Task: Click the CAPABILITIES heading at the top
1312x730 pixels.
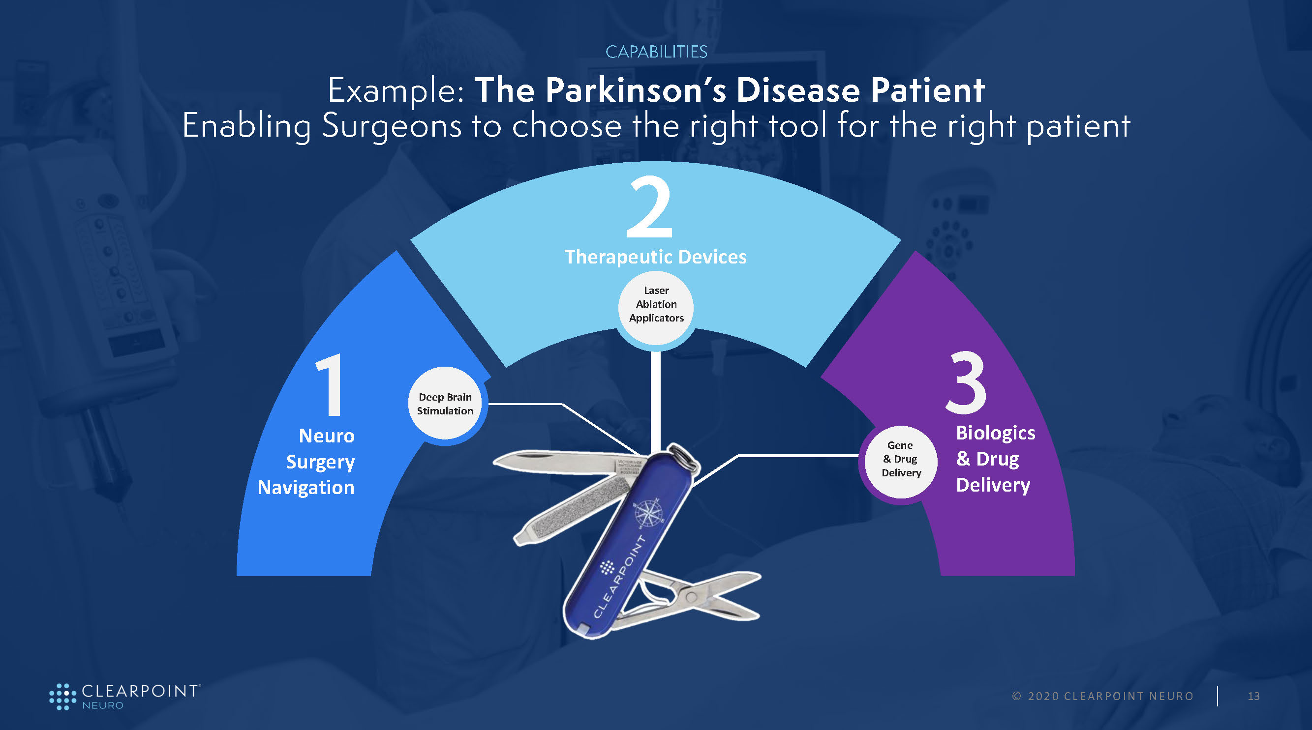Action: click(x=656, y=52)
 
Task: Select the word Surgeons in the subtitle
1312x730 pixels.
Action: click(x=392, y=126)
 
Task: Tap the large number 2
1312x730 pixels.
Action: click(x=650, y=206)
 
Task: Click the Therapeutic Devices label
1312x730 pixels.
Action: click(x=655, y=257)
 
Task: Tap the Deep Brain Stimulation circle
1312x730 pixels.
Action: click(x=445, y=404)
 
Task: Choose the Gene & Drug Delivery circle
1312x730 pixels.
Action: click(x=901, y=459)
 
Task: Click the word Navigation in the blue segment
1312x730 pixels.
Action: click(x=306, y=488)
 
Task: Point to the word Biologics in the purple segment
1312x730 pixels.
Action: click(x=996, y=433)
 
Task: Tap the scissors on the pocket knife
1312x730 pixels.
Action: click(x=698, y=596)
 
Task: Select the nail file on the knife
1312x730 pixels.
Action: click(x=571, y=511)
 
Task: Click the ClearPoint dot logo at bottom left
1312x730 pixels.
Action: click(x=62, y=697)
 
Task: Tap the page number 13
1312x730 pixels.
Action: click(x=1253, y=697)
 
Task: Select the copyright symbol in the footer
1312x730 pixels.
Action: click(x=1017, y=697)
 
